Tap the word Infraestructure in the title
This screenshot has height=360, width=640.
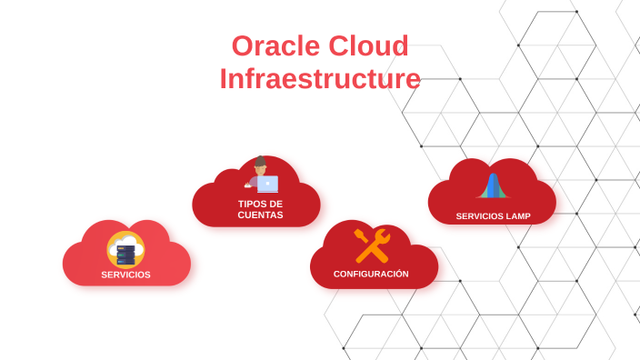(x=320, y=79)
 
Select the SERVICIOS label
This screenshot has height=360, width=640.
(x=125, y=275)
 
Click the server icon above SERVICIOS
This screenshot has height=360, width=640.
(x=125, y=255)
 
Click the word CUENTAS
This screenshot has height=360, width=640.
(x=260, y=215)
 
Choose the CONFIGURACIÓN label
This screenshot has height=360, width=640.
(x=371, y=274)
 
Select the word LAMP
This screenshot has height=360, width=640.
(x=515, y=216)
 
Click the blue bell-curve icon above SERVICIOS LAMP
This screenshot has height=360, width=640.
(x=492, y=185)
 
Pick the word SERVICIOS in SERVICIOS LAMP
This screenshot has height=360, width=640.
(x=477, y=216)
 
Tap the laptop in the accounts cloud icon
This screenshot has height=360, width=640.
(x=267, y=184)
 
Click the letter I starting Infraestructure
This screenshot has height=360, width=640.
(x=223, y=79)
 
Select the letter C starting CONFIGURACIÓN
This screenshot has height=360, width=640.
(x=336, y=274)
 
